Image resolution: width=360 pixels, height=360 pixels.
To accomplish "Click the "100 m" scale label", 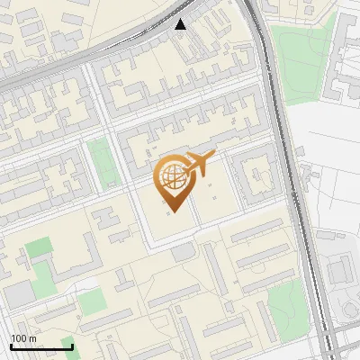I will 23,337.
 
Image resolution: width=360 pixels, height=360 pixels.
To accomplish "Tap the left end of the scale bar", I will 11,346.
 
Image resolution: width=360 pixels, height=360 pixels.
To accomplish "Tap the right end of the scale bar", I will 72,346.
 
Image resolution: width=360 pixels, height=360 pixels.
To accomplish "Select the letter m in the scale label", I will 32,337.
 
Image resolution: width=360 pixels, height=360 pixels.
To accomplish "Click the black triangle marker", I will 181,24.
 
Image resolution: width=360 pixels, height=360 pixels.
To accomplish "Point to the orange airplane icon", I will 200,164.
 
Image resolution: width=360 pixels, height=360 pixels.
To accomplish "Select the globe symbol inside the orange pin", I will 173,178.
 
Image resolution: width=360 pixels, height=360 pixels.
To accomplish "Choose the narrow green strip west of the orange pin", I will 101,163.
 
